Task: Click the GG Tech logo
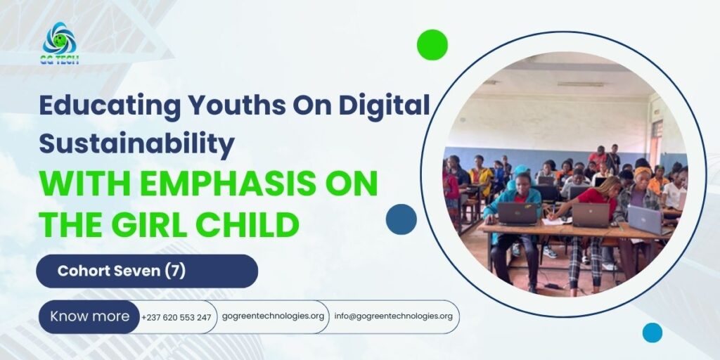60,43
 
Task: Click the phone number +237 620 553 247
176,317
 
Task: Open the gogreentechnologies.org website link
273,316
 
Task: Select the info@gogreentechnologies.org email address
394,316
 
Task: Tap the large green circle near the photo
432,44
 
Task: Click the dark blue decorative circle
401,219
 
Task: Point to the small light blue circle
652,333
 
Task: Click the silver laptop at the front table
645,219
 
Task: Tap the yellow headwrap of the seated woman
643,172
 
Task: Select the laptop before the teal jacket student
517,214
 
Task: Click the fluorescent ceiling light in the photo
580,84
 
